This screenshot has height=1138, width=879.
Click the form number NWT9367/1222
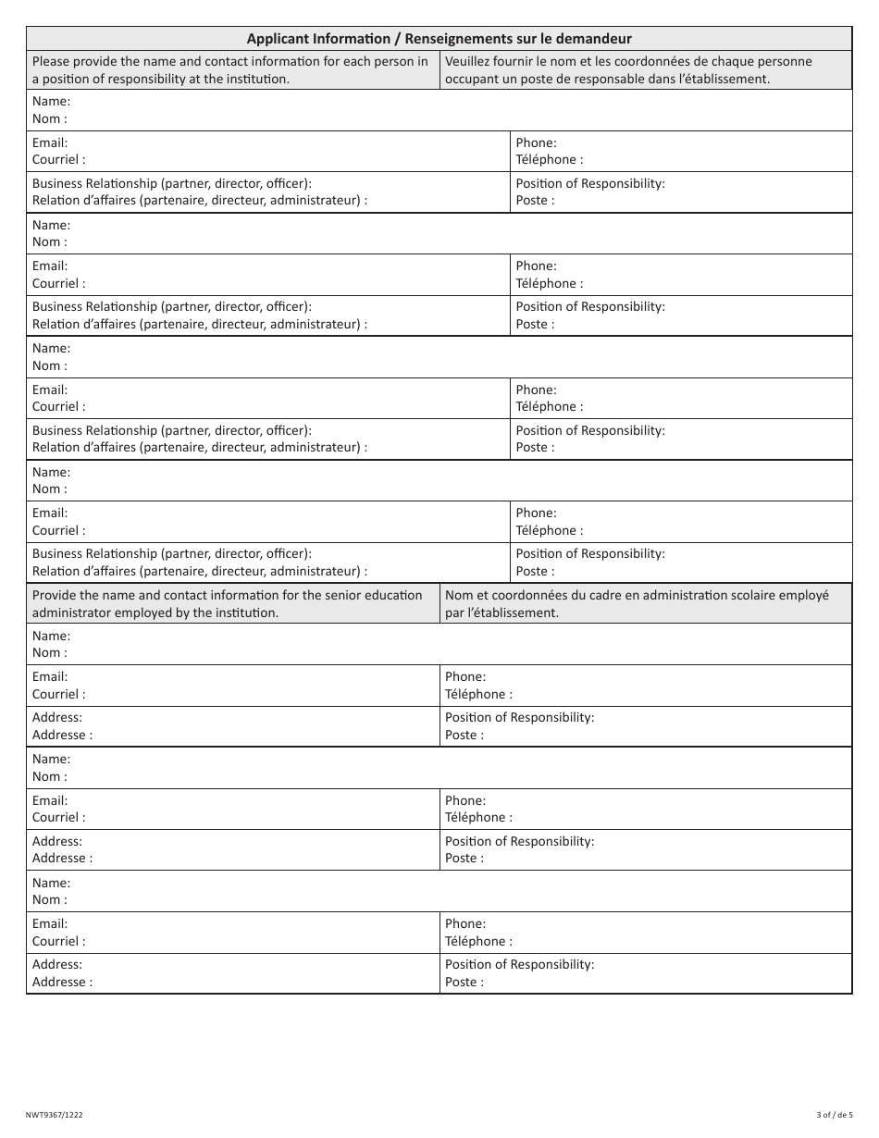point(55,1115)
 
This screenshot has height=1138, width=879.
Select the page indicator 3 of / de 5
point(835,1115)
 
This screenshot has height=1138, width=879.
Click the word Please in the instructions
point(53,62)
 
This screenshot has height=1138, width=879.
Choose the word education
point(379,596)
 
